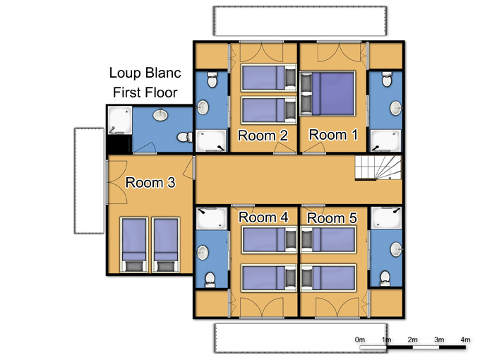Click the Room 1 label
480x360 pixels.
click(x=333, y=135)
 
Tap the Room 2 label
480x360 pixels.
click(x=263, y=136)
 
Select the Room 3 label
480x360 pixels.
click(x=150, y=182)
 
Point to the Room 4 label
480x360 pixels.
click(x=263, y=217)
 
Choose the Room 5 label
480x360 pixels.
click(x=332, y=218)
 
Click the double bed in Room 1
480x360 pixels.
click(x=328, y=94)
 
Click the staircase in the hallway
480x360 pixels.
click(x=378, y=167)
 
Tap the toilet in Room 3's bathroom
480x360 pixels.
click(x=185, y=137)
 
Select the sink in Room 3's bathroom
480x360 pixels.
click(x=160, y=115)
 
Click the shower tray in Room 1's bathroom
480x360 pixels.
click(x=385, y=140)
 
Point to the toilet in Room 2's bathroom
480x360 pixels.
click(x=212, y=80)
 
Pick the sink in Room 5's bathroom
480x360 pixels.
click(x=396, y=249)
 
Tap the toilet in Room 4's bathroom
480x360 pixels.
click(x=210, y=280)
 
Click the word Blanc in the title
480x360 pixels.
click(x=163, y=73)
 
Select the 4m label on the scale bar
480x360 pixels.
click(x=465, y=340)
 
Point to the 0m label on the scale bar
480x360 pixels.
click(x=360, y=340)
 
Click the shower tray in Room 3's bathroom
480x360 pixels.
click(x=120, y=120)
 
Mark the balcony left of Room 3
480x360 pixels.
click(x=89, y=181)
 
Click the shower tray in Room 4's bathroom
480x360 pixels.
click(x=211, y=219)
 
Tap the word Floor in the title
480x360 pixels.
click(x=161, y=92)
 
